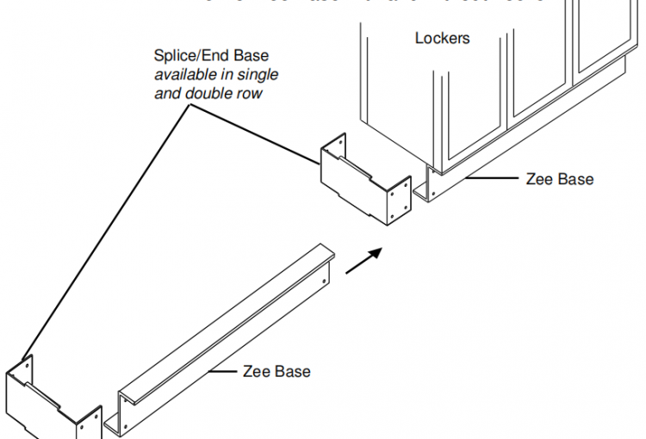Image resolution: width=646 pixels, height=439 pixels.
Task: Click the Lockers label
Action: tap(443, 38)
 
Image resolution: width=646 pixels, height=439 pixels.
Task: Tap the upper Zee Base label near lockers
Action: tap(559, 180)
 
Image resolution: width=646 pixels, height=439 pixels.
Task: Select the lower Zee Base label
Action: tap(276, 372)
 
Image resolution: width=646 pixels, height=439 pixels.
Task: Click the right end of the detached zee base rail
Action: tap(324, 263)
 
